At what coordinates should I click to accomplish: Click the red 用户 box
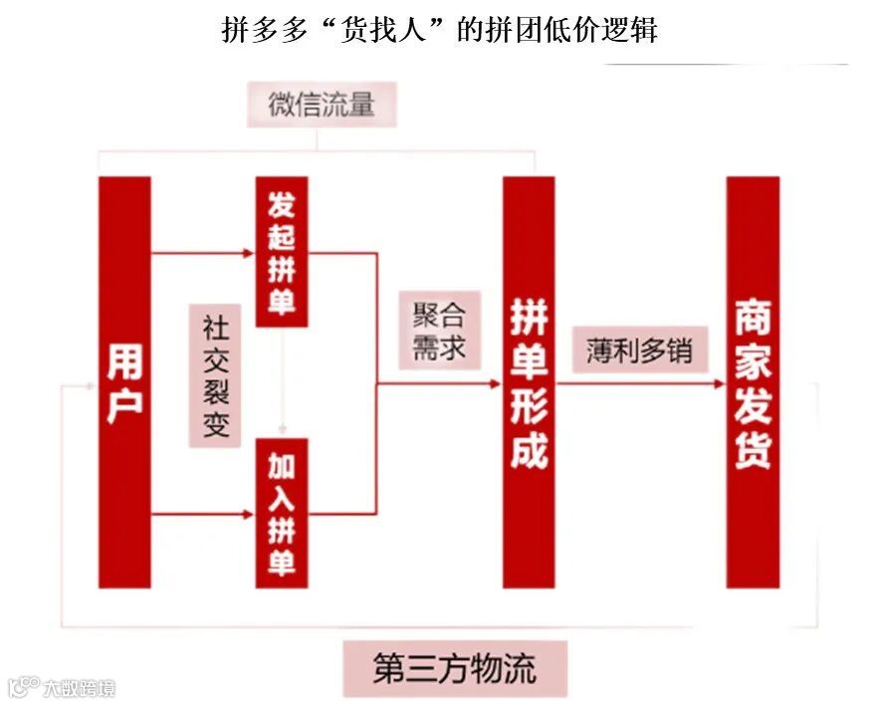click(x=124, y=382)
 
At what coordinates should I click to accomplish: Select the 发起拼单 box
click(x=282, y=251)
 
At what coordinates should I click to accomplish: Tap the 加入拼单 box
click(x=282, y=512)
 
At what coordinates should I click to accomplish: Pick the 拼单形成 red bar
click(x=529, y=382)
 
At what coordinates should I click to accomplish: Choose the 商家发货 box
click(x=753, y=382)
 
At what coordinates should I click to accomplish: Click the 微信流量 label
click(x=321, y=105)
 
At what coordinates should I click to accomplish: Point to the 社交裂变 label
click(x=216, y=376)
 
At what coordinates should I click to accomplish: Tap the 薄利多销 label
click(x=639, y=351)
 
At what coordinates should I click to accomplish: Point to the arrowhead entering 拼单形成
click(x=496, y=382)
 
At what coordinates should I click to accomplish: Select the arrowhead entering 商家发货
click(x=720, y=382)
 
